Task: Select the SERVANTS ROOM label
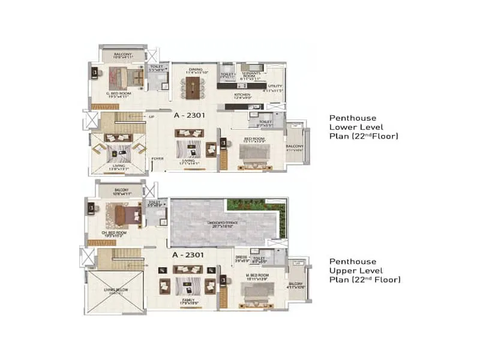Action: click(x=250, y=75)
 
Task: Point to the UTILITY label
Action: click(x=275, y=86)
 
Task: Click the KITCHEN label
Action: click(x=242, y=95)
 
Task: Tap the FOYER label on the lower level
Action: click(x=157, y=159)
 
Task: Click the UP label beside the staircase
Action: click(x=152, y=116)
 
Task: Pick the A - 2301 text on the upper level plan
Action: click(x=188, y=255)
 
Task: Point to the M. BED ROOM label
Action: click(x=257, y=275)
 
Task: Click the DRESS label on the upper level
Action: click(x=241, y=257)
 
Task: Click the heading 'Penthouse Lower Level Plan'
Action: click(x=363, y=127)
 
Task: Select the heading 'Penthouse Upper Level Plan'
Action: click(x=364, y=271)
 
